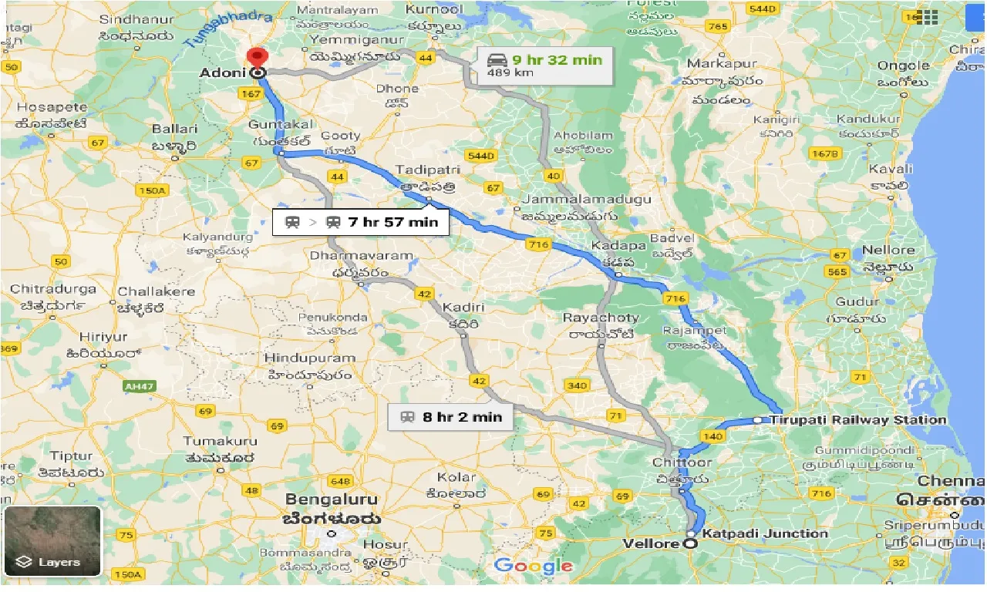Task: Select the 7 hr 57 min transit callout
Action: [361, 222]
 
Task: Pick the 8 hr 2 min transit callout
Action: [451, 417]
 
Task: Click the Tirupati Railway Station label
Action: [857, 420]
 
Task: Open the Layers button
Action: [52, 541]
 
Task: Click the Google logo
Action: [534, 566]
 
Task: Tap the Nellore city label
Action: [888, 250]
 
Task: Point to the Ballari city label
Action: [170, 129]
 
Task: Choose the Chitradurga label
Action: [53, 289]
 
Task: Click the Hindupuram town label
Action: [309, 358]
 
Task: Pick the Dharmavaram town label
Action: [361, 255]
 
